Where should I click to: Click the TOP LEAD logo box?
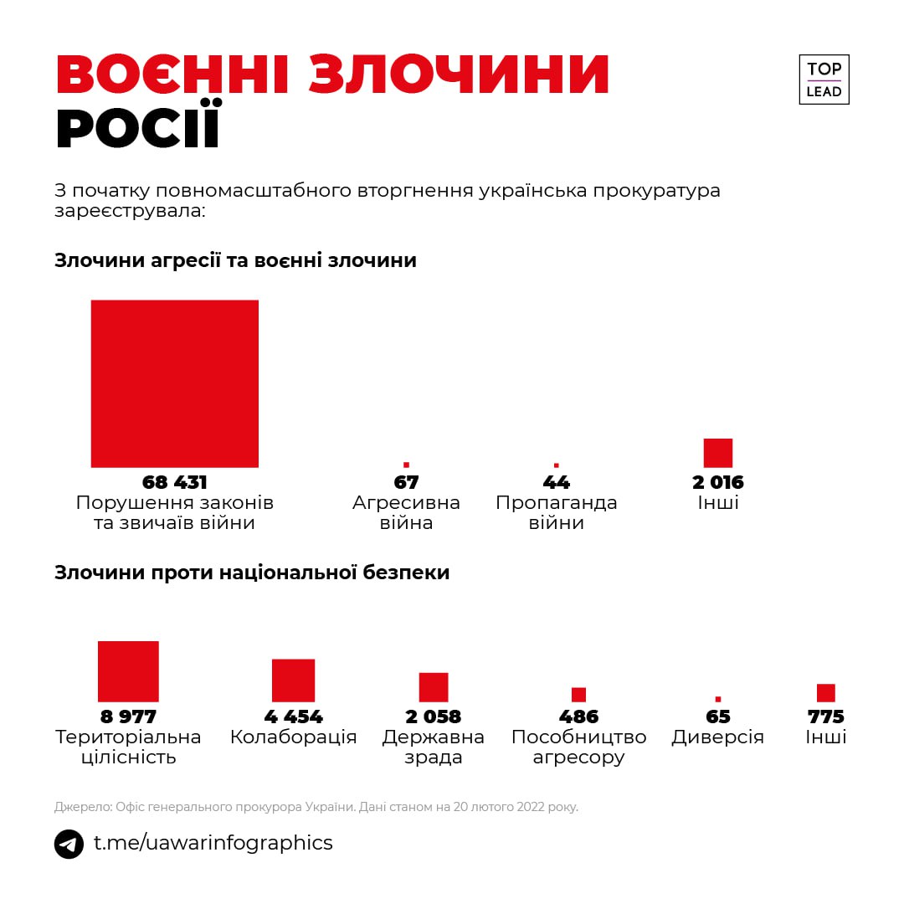pos(824,80)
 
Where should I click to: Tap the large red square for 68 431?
pos(175,383)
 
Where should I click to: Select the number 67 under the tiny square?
pos(406,482)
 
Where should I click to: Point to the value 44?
pos(557,482)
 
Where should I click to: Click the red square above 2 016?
pos(718,453)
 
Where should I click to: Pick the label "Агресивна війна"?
pos(406,513)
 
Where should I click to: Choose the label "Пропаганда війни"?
pos(557,513)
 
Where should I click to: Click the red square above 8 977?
pos(128,671)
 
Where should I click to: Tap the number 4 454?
pos(293,717)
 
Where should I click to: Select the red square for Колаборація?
pos(293,681)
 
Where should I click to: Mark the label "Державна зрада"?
pos(434,747)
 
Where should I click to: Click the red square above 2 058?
pos(434,687)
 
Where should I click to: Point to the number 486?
pos(579,717)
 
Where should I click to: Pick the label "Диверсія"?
pos(718,737)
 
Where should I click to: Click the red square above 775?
pos(826,693)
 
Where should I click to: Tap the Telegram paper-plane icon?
pos(69,844)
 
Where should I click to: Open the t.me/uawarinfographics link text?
pos(213,843)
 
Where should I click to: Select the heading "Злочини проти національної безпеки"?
pos(252,573)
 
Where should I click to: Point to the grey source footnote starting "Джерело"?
pos(316,808)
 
